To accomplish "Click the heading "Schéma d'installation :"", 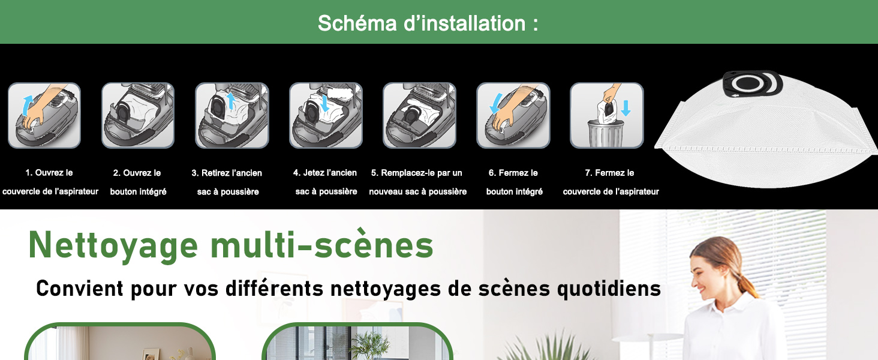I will [428, 23].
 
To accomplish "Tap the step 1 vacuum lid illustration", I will [44, 115].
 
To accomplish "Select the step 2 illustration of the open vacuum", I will [138, 115].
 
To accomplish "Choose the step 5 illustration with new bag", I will [419, 115].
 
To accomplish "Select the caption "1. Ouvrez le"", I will [49, 173].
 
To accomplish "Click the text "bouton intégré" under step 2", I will [138, 192].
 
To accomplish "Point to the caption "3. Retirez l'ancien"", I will [227, 173].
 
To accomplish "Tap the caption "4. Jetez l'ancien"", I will [325, 173].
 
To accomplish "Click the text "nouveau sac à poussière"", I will [417, 192].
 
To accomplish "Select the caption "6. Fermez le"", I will [513, 173].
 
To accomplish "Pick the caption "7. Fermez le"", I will [609, 173].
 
